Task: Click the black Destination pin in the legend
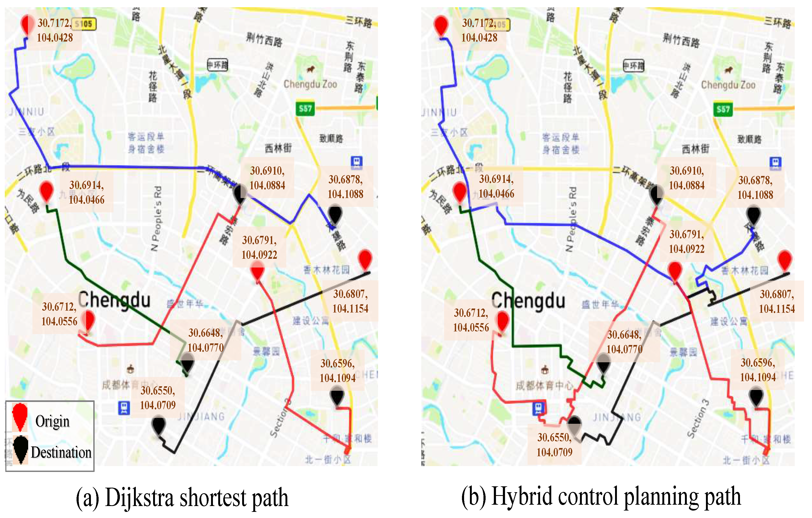21,449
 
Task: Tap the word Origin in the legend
52,421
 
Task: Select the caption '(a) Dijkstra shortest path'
182,498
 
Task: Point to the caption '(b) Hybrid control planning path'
601,496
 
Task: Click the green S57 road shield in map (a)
305,108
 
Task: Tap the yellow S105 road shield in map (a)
84,24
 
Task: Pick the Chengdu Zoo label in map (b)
728,85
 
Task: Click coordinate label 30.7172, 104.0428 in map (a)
55,30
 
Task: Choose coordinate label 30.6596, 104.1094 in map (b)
758,370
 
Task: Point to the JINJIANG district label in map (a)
201,417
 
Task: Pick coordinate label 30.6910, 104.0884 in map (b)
687,178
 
